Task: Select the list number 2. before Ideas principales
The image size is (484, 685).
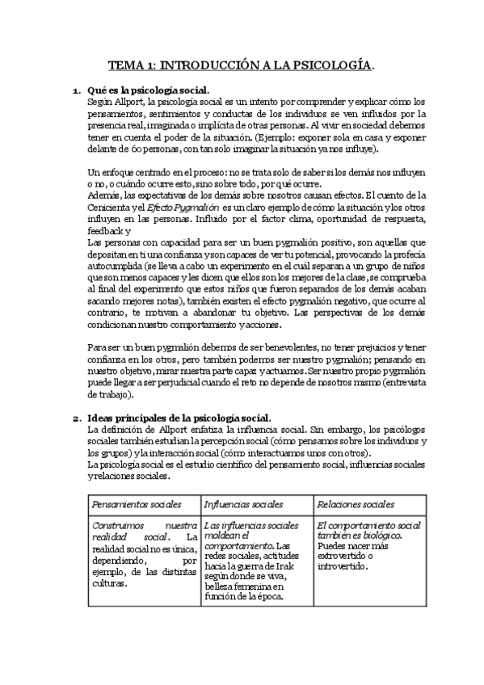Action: click(x=78, y=418)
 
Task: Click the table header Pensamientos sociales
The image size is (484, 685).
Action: click(x=131, y=505)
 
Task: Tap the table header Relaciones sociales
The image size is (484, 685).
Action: click(x=356, y=505)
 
